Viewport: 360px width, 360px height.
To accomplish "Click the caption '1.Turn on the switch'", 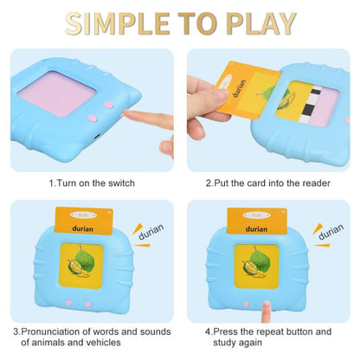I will pyautogui.click(x=91, y=183).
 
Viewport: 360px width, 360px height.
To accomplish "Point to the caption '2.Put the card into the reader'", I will pyautogui.click(x=268, y=183).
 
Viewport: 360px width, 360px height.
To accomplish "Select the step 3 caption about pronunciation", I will pyautogui.click(x=91, y=337).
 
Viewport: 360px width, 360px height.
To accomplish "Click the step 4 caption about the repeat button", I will pyautogui.click(x=268, y=337).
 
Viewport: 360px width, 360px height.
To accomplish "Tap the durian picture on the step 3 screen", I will pyautogui.click(x=80, y=267).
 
